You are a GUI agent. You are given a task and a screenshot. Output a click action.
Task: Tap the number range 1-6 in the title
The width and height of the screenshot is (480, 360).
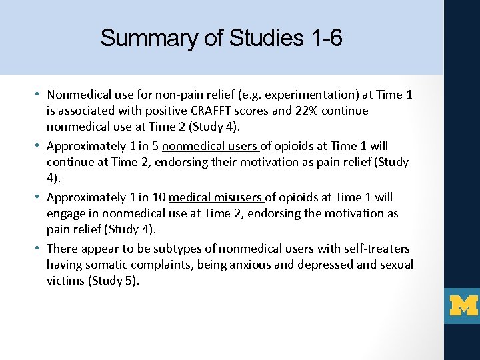[x=327, y=38]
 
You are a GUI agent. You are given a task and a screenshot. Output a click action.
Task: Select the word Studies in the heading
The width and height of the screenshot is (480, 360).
[x=266, y=38]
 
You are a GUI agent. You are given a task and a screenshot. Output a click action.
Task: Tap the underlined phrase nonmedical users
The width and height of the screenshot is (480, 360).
[x=212, y=146]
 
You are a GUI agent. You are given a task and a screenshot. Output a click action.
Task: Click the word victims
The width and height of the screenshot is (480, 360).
[x=65, y=281]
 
